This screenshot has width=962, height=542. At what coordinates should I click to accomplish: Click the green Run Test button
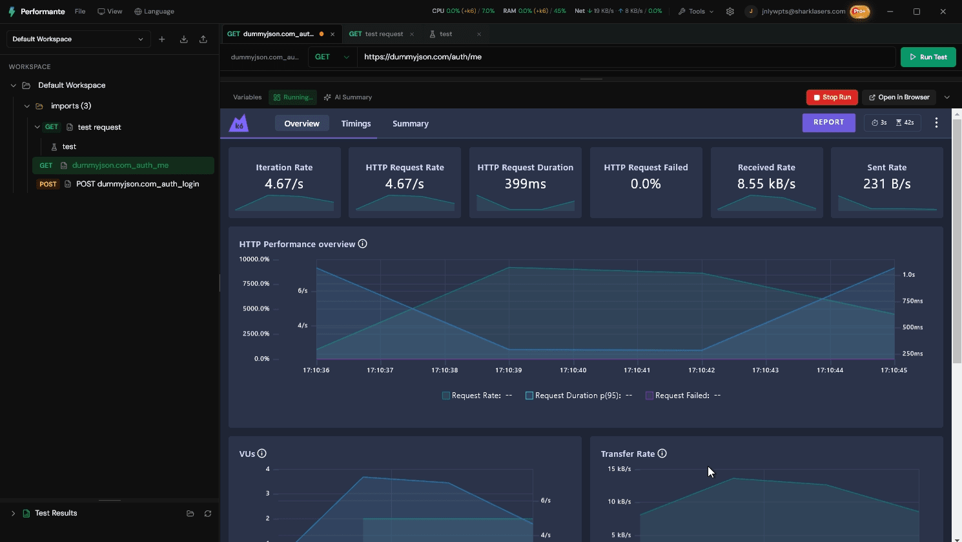point(928,57)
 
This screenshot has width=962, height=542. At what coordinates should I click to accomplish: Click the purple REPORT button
point(828,123)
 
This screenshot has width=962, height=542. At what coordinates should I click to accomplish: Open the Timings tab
point(356,124)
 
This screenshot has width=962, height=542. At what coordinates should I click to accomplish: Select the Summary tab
point(410,124)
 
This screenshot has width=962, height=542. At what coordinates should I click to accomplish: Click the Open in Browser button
point(899,97)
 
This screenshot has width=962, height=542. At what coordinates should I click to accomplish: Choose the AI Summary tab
point(348,97)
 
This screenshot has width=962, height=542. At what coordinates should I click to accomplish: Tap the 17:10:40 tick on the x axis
point(573,370)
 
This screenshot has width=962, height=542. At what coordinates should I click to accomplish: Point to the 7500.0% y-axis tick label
point(256,284)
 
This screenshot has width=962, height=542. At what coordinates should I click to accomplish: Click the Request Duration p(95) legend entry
point(578,396)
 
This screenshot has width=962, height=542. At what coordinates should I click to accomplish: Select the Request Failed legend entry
point(683,396)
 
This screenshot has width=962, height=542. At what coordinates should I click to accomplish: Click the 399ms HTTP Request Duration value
point(525,184)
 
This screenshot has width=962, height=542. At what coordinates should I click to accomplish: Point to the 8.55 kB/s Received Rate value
point(766,184)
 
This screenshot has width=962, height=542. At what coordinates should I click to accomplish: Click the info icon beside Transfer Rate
point(662,454)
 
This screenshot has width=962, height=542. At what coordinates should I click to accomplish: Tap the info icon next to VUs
point(261,454)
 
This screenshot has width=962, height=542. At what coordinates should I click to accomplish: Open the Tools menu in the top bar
point(696,12)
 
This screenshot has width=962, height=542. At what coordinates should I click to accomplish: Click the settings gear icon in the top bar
point(730,12)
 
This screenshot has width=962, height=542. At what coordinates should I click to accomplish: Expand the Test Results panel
point(13,513)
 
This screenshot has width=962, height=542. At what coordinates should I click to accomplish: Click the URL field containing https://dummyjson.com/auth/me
point(626,57)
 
